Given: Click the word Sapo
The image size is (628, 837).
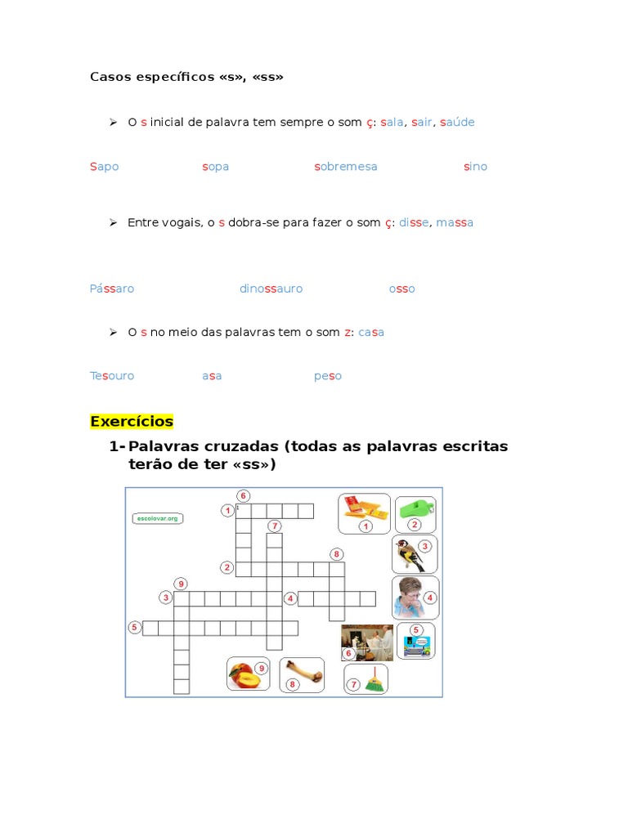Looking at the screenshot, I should click(104, 167).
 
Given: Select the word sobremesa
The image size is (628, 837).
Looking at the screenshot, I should click(346, 167).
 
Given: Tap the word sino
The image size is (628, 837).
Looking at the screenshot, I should click(475, 167).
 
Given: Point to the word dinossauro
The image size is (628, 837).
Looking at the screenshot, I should click(271, 289).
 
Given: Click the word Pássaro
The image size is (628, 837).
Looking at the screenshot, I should click(112, 289).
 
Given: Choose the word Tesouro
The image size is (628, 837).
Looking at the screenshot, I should click(112, 376).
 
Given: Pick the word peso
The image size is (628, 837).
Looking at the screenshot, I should click(328, 376).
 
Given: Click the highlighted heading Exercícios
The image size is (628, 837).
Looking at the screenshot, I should click(132, 422).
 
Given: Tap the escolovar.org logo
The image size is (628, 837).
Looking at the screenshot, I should click(157, 517).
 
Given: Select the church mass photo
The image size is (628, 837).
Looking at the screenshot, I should click(367, 642).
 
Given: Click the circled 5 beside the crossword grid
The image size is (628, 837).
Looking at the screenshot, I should click(134, 627).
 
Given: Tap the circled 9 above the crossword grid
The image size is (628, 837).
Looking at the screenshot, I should click(181, 584).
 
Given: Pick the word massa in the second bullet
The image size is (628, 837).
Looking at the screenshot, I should click(455, 222).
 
